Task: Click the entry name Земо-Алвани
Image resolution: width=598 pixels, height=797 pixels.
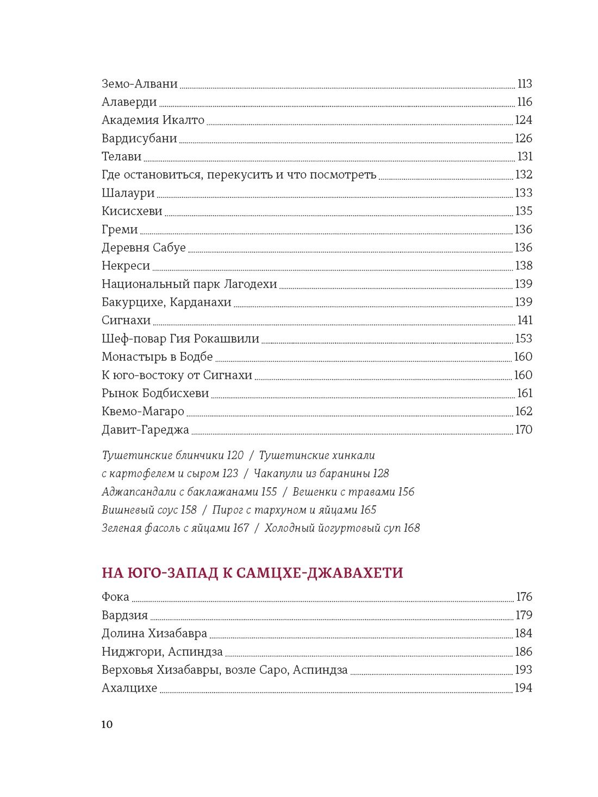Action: coord(140,84)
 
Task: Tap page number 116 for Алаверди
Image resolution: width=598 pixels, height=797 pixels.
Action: coord(524,102)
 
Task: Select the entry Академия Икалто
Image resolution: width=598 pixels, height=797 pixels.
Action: coord(153,120)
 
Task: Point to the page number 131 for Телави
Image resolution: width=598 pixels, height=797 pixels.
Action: coord(525,156)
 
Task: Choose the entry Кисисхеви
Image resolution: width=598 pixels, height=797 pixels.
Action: coord(132,211)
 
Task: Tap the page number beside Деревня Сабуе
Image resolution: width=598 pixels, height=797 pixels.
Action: coord(523,248)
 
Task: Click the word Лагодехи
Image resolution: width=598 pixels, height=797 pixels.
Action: coord(251,284)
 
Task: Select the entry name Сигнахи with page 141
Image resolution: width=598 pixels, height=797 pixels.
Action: coord(126,321)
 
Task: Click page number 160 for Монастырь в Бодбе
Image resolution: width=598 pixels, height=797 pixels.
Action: coord(523,357)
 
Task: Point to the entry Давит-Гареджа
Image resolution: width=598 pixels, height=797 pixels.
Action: coord(145,430)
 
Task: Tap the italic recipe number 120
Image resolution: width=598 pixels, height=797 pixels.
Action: coord(235,455)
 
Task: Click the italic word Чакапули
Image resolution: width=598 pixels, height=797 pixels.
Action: coord(277,474)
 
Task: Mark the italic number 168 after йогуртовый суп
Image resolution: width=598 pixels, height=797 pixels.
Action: coord(412,528)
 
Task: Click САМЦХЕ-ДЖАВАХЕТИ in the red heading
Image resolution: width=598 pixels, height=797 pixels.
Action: coord(320,573)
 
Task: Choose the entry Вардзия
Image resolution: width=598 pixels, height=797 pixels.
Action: coord(124,615)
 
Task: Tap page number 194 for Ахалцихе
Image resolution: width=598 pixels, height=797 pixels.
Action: coord(523,688)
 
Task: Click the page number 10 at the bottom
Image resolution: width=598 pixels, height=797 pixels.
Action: coord(107,724)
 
